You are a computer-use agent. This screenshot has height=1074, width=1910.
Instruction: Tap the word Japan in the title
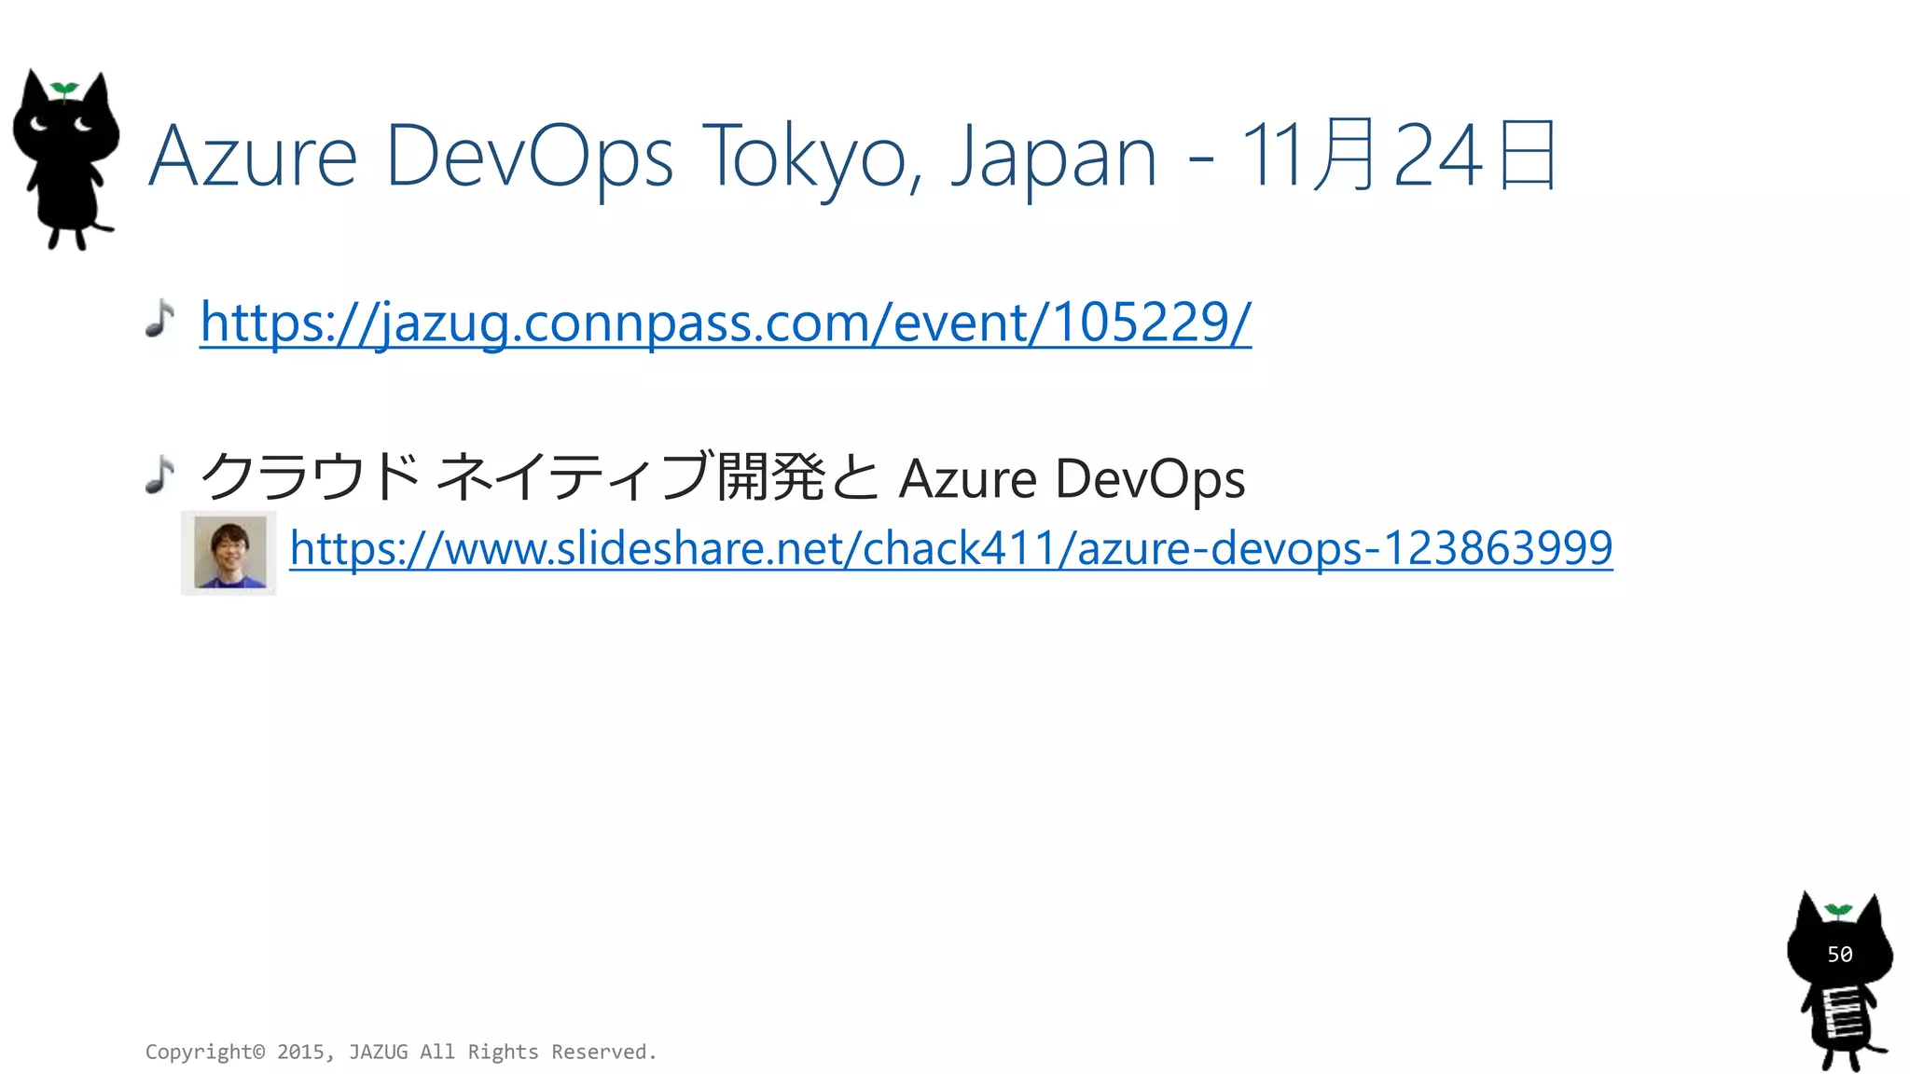[1053, 157]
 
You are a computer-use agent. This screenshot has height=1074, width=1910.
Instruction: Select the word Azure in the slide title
[253, 157]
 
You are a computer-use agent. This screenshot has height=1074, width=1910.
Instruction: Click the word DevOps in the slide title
[529, 157]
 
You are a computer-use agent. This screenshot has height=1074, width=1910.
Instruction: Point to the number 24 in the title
[1437, 157]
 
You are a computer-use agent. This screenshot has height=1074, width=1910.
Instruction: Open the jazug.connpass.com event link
[726, 323]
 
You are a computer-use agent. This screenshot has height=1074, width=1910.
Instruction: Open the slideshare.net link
[950, 547]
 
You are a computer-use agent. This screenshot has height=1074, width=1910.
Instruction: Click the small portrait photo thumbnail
[229, 553]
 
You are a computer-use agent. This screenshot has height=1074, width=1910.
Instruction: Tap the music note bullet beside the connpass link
[160, 318]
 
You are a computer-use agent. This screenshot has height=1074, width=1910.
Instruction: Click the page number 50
[1839, 955]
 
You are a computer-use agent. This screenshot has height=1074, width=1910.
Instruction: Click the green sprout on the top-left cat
[63, 89]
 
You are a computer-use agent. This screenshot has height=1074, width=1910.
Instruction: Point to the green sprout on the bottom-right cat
[1838, 910]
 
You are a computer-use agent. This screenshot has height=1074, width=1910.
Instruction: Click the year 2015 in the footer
[301, 1052]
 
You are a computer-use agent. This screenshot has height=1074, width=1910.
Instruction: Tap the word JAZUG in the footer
[378, 1052]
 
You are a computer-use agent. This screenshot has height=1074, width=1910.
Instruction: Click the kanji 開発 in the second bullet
[770, 476]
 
